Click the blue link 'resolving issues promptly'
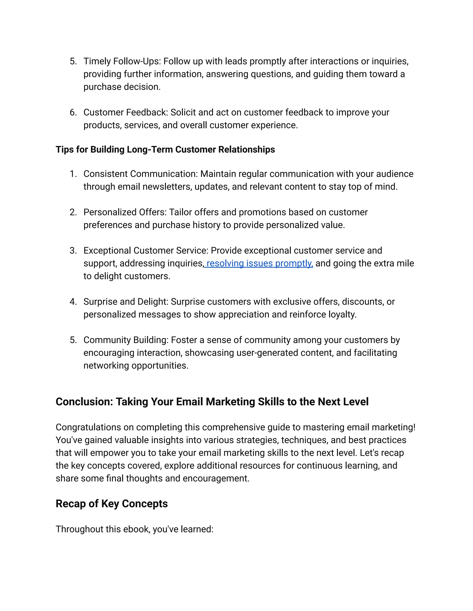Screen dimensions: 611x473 click(x=259, y=263)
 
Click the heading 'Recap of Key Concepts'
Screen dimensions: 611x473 click(x=112, y=504)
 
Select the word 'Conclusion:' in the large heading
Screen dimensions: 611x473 click(x=84, y=402)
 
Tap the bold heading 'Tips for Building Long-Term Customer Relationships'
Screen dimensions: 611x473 click(x=165, y=149)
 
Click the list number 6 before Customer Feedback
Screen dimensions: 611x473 click(x=73, y=113)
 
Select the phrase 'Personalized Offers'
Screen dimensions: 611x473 click(x=125, y=212)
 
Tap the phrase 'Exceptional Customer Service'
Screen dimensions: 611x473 click(x=146, y=250)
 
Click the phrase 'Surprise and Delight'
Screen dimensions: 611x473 click(x=125, y=302)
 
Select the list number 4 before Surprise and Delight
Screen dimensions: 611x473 click(x=73, y=302)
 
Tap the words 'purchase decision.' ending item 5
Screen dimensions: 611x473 click(x=122, y=87)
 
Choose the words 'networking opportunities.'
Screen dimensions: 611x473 click(x=136, y=366)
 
